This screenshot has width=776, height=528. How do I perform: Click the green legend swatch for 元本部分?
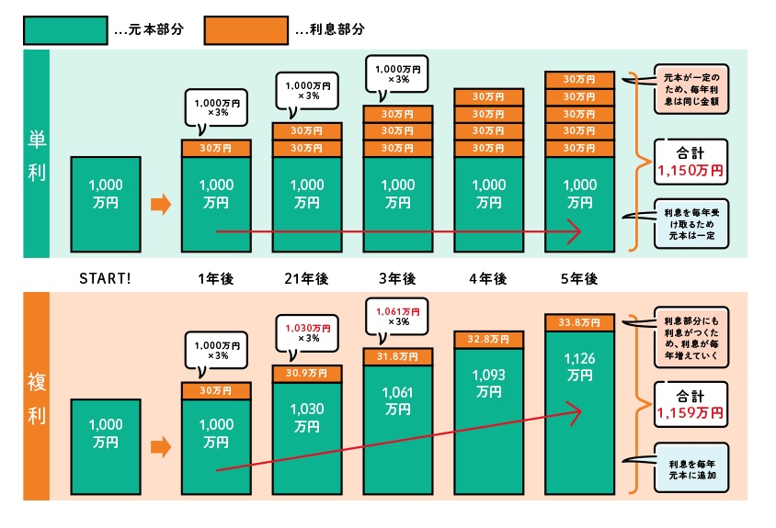(63, 29)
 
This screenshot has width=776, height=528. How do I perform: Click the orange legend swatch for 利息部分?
(245, 29)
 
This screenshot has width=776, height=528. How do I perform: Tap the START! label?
(106, 279)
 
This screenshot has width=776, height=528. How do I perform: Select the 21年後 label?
(306, 279)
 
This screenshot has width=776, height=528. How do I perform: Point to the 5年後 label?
(579, 279)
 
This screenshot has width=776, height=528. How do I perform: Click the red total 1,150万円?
(690, 170)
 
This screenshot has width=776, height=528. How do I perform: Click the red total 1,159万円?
(690, 414)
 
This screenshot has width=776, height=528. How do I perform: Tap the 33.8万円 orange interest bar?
(579, 322)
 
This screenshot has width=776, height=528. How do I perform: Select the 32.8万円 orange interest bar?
(488, 340)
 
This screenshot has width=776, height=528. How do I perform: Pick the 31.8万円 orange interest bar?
(397, 356)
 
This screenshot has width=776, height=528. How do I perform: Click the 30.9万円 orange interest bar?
(306, 374)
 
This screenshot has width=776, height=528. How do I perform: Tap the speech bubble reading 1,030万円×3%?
(306, 331)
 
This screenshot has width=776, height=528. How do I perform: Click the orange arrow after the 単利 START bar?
(161, 204)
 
